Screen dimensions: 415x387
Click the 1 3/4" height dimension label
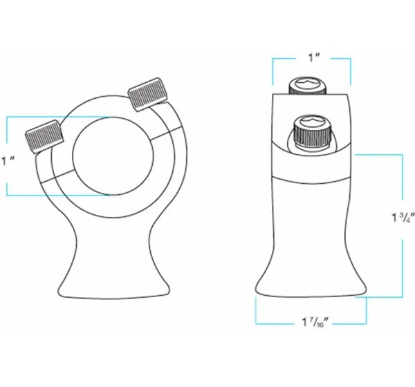pos(403,218)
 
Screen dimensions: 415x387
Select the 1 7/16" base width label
pos(315,322)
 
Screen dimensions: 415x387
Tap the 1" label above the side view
pos(315,57)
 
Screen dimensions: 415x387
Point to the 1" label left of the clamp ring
pos(8,161)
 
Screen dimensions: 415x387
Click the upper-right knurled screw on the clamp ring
pos(148,94)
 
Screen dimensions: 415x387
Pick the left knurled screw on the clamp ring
pos(44,137)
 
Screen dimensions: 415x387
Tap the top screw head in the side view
pos(307,86)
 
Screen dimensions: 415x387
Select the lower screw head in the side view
pos(312,131)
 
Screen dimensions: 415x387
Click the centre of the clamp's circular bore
pos(113,155)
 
